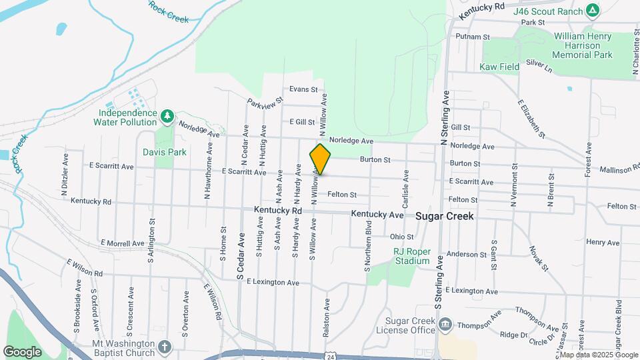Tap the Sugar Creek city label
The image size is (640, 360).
(445, 216)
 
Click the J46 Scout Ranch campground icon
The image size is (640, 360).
(592, 10)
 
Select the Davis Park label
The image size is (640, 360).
(165, 152)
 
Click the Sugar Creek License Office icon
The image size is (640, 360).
(445, 325)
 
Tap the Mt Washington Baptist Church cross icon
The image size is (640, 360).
(165, 347)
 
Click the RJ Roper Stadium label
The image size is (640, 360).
(411, 256)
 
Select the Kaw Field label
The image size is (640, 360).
(499, 67)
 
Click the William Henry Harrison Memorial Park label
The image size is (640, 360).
(583, 45)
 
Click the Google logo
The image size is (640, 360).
(22, 351)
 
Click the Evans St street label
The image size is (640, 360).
(303, 89)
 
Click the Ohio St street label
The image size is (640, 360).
(402, 237)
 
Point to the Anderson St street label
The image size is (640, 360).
(467, 255)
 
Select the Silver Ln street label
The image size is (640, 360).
(539, 65)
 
